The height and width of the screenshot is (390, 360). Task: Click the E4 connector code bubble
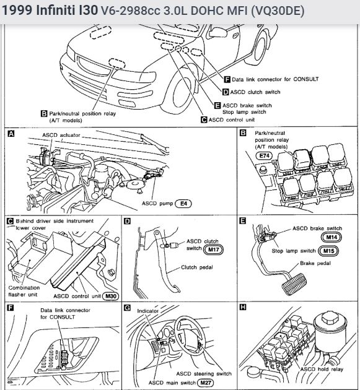(183, 204)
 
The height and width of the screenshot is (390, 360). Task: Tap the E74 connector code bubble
(264, 156)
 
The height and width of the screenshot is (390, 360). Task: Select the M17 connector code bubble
(213, 249)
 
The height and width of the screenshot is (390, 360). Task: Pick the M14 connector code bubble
(331, 237)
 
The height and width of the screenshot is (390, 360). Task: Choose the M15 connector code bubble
(328, 251)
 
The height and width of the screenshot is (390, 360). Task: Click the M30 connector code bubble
(111, 296)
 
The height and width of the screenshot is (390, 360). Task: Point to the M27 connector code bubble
(206, 383)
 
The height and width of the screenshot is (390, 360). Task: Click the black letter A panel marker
(11, 134)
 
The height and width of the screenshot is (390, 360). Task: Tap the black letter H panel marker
(243, 307)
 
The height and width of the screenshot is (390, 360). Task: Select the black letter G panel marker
(127, 308)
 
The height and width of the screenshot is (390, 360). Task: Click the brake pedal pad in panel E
(294, 284)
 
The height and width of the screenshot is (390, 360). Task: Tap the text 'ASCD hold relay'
(322, 369)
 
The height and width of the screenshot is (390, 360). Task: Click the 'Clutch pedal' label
(196, 267)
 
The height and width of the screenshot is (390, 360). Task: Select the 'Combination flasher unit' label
(24, 291)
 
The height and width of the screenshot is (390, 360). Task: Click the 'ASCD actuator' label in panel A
(61, 135)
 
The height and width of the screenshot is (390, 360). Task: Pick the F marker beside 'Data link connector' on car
(227, 79)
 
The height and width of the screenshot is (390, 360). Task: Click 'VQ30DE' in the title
(278, 11)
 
